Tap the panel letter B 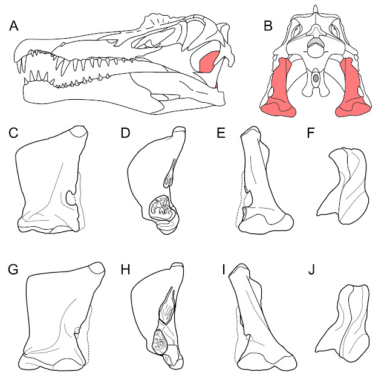click(268, 26)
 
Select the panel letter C click(14, 134)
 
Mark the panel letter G click(14, 268)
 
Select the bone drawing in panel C click(48, 181)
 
